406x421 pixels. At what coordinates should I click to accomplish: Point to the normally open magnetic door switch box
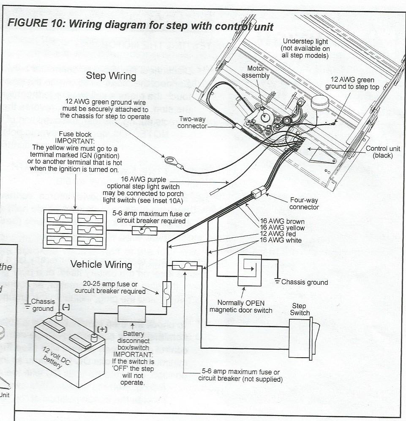coord(249,270)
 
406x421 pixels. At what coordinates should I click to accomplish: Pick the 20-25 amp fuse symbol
coord(166,293)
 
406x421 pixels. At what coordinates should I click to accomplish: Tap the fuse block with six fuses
coord(75,229)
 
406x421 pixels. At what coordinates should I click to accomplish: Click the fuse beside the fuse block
coord(145,231)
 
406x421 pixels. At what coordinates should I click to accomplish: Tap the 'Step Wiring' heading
coord(111,76)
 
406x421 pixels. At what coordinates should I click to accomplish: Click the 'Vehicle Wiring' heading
coord(101,264)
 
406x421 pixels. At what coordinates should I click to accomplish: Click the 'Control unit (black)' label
coord(383,152)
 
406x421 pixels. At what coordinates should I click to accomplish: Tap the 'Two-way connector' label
coord(192,122)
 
